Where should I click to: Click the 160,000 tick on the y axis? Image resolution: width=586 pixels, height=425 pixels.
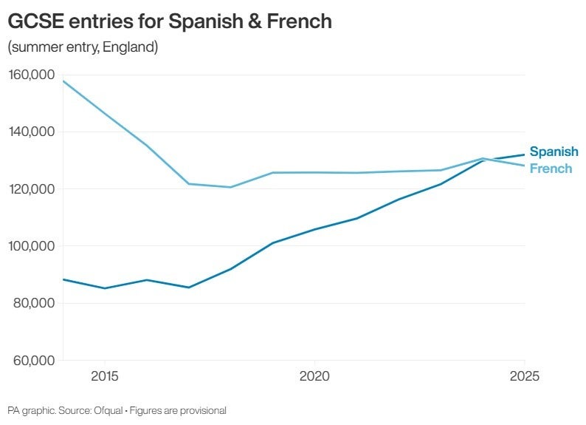(30, 75)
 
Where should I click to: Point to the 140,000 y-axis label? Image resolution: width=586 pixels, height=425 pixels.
(30, 132)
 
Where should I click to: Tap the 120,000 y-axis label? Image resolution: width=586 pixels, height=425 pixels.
(30, 188)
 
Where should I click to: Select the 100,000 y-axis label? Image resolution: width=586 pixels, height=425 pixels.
(30, 245)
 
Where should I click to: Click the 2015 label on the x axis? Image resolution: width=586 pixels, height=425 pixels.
(105, 376)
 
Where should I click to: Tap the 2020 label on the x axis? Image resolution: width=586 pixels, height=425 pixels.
(314, 376)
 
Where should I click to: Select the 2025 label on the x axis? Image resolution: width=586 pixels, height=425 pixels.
(524, 376)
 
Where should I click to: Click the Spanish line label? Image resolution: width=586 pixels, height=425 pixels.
(554, 152)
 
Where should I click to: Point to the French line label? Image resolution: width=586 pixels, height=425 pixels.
(551, 169)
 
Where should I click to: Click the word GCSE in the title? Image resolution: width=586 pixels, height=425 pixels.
(35, 22)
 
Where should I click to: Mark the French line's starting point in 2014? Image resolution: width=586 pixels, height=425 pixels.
(63, 81)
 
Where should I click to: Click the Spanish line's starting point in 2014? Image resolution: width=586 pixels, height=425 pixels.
(63, 279)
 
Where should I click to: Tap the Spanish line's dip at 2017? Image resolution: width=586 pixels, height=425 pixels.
(189, 288)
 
